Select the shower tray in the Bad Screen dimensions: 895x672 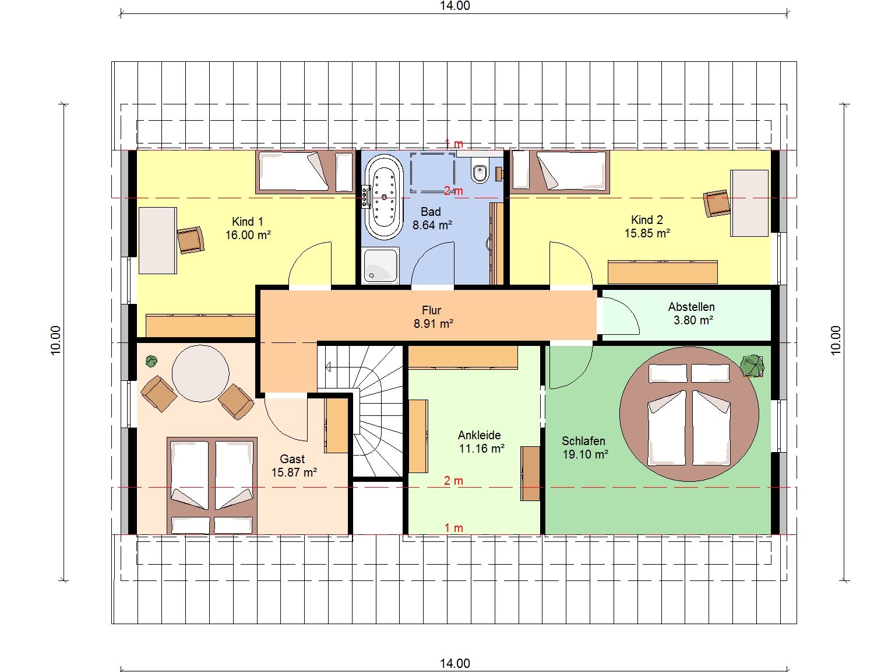(x=380, y=265)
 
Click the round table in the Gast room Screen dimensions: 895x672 (x=200, y=373)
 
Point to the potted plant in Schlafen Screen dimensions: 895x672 (x=752, y=365)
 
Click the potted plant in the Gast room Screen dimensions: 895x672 (x=151, y=360)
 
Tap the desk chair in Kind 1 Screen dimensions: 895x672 (x=191, y=240)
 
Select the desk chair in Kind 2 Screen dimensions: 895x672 (x=716, y=203)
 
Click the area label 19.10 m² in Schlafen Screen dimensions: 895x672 (x=586, y=454)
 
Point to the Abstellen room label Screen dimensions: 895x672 (x=691, y=307)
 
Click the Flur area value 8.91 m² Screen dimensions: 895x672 (x=434, y=324)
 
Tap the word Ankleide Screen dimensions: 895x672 (x=479, y=435)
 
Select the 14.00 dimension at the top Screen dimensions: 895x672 (x=454, y=6)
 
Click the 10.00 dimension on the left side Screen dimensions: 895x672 (x=56, y=341)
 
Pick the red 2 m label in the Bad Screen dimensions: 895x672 (x=453, y=191)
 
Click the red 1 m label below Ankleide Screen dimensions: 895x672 (x=453, y=527)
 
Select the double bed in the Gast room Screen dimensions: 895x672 (x=212, y=485)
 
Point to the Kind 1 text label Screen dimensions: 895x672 (x=248, y=222)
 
